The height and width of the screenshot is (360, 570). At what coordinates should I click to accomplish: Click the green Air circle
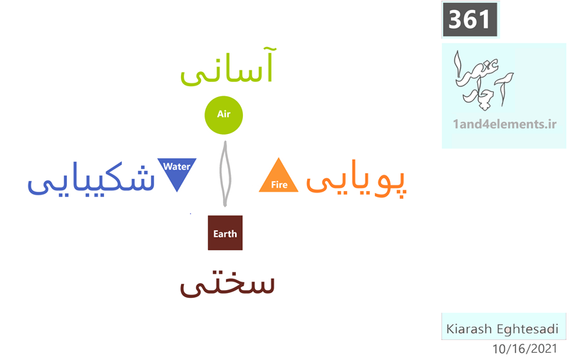click(x=224, y=115)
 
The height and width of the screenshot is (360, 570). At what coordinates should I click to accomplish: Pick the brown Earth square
click(x=225, y=232)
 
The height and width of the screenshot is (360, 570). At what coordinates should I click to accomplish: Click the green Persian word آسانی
click(x=228, y=66)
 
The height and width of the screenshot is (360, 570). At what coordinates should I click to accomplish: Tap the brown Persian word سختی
click(x=227, y=284)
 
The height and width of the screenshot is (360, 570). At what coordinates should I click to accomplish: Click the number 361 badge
click(x=470, y=20)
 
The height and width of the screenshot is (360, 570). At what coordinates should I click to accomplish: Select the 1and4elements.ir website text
click(x=504, y=124)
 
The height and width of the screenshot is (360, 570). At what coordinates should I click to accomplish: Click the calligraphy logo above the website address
click(x=483, y=81)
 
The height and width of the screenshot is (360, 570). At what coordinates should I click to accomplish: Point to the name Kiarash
click(x=469, y=329)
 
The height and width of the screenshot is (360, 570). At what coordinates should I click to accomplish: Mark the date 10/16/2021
click(x=524, y=349)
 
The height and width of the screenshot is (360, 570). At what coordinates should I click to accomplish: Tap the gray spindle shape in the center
click(x=225, y=174)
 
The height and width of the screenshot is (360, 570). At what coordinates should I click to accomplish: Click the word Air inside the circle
click(x=224, y=114)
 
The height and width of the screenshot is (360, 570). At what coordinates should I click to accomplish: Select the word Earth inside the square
click(x=225, y=234)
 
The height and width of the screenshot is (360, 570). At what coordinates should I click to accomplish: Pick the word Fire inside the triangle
click(x=279, y=185)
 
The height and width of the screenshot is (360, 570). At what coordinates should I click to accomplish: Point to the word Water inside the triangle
click(x=177, y=167)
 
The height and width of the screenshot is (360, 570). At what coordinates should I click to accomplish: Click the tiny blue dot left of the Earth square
click(x=190, y=214)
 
